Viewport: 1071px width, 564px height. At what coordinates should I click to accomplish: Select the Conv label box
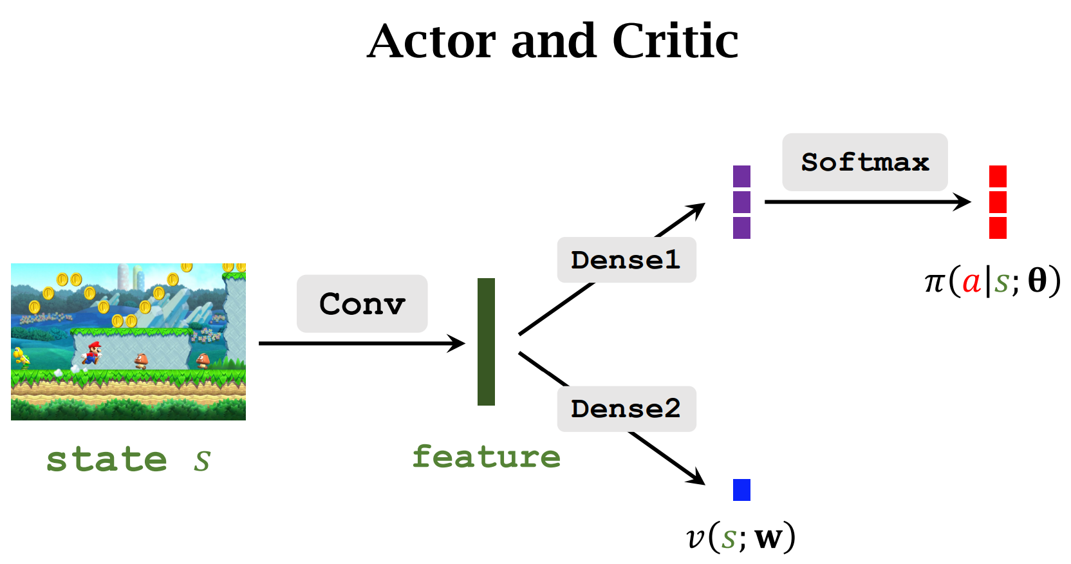(362, 304)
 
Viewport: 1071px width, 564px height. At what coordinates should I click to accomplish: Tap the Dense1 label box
(626, 260)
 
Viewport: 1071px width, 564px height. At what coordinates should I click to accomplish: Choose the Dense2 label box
(626, 409)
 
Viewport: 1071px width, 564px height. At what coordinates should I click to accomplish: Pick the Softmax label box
(864, 162)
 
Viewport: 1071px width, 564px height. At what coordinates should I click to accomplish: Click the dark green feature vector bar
(486, 342)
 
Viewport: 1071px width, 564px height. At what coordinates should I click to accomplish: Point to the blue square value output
(741, 490)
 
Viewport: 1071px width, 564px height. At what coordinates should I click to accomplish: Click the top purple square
(741, 176)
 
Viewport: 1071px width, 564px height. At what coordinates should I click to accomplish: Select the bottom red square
(998, 228)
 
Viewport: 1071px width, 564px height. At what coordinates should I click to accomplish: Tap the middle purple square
(741, 202)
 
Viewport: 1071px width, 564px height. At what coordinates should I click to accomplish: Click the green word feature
(486, 456)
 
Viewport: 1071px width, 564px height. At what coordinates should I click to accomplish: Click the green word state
(107, 460)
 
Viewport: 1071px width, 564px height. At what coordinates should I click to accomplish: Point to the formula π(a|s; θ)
(992, 281)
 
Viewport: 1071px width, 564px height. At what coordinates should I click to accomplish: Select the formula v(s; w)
(741, 537)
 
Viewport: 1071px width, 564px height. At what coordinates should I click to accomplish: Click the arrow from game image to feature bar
(360, 343)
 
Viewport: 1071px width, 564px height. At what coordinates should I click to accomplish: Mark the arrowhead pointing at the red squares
(963, 202)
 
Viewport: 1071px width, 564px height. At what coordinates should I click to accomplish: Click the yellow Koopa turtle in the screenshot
(21, 356)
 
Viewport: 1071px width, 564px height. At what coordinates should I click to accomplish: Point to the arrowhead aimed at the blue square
(698, 478)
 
